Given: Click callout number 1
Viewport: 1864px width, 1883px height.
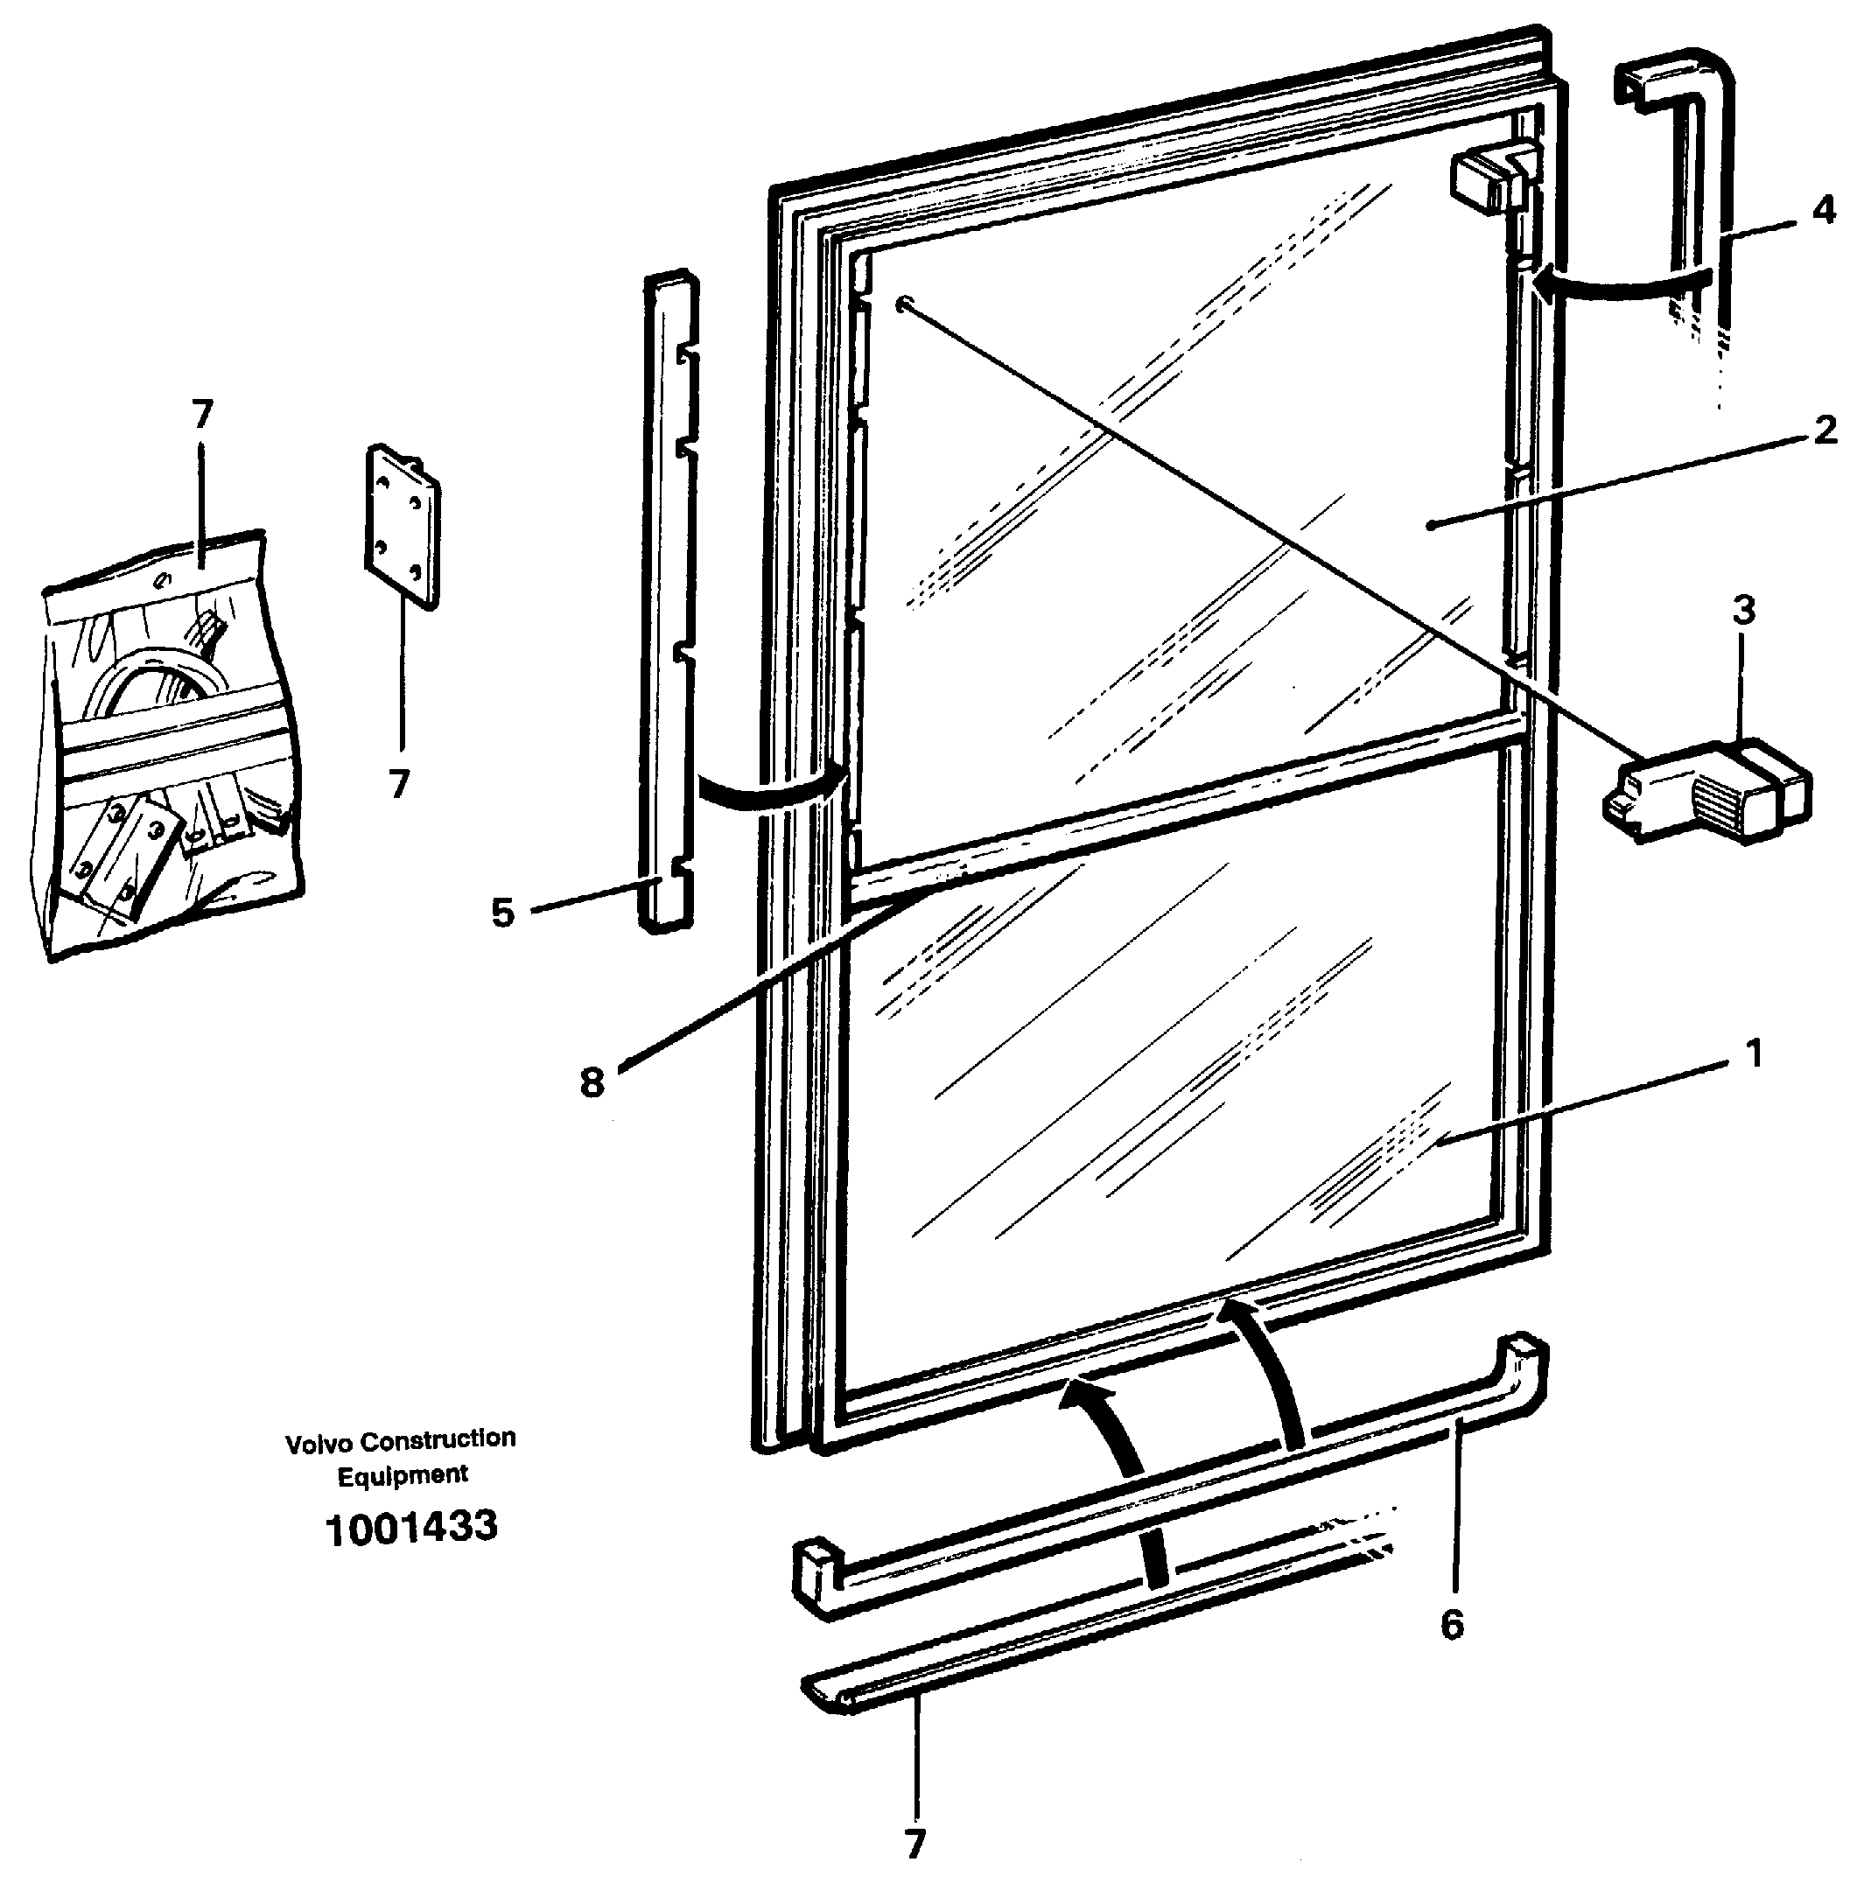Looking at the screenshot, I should click(x=1753, y=1053).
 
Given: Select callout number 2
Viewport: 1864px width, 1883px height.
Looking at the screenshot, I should click(x=1825, y=430).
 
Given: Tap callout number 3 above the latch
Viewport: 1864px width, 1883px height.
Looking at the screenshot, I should click(x=1743, y=611).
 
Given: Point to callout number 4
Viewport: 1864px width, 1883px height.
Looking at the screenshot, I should click(x=1823, y=209).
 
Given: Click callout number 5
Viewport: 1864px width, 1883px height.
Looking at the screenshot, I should click(x=502, y=913).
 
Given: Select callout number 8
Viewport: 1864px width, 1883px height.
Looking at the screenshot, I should click(x=592, y=1081).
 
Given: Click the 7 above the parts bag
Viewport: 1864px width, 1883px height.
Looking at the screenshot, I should click(x=202, y=416).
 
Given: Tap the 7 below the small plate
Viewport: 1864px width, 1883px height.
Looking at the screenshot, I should click(x=399, y=784).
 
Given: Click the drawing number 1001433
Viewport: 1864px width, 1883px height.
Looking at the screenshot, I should click(x=410, y=1527).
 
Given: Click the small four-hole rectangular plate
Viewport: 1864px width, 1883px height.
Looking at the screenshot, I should click(x=403, y=526).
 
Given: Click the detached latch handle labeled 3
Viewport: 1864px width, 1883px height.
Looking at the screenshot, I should click(x=1706, y=789).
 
